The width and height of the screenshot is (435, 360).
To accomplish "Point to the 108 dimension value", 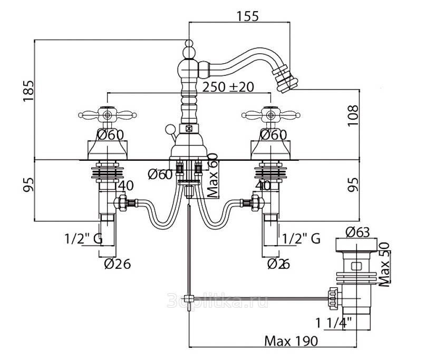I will pos(354,115).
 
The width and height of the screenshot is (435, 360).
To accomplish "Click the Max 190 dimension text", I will pos(292,341).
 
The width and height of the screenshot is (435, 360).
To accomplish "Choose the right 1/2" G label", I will pos(301,239).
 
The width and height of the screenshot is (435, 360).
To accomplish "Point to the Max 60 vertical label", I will pos(212,176).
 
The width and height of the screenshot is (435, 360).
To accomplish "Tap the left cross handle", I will pos(107,114).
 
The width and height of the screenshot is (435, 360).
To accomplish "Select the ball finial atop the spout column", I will pos(189,52).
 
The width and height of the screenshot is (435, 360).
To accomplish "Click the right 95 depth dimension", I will pos(354,184).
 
